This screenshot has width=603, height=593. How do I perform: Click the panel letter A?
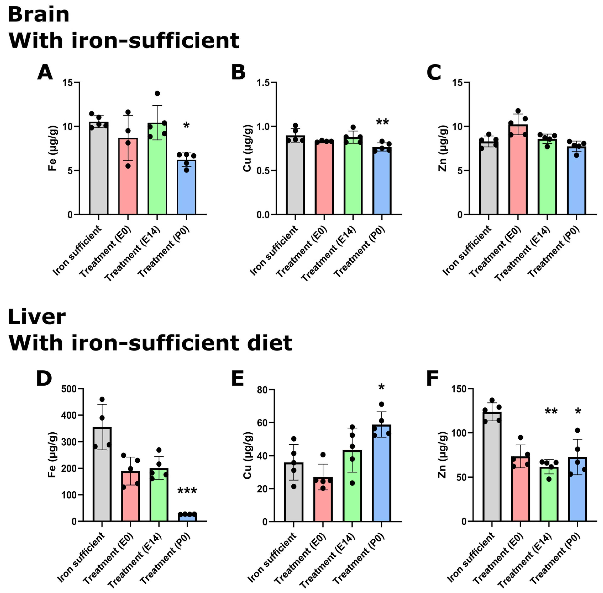tap(45, 73)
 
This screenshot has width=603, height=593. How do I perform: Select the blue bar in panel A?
tap(186, 187)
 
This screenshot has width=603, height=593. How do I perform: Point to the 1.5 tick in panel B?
tap(264, 82)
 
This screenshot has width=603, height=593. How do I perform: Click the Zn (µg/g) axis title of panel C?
tap(443, 148)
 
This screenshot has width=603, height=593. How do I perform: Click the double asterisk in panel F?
tap(551, 412)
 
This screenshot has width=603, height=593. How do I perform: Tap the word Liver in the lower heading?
tap(36, 317)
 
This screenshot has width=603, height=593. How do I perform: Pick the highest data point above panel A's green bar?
tap(157, 94)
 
